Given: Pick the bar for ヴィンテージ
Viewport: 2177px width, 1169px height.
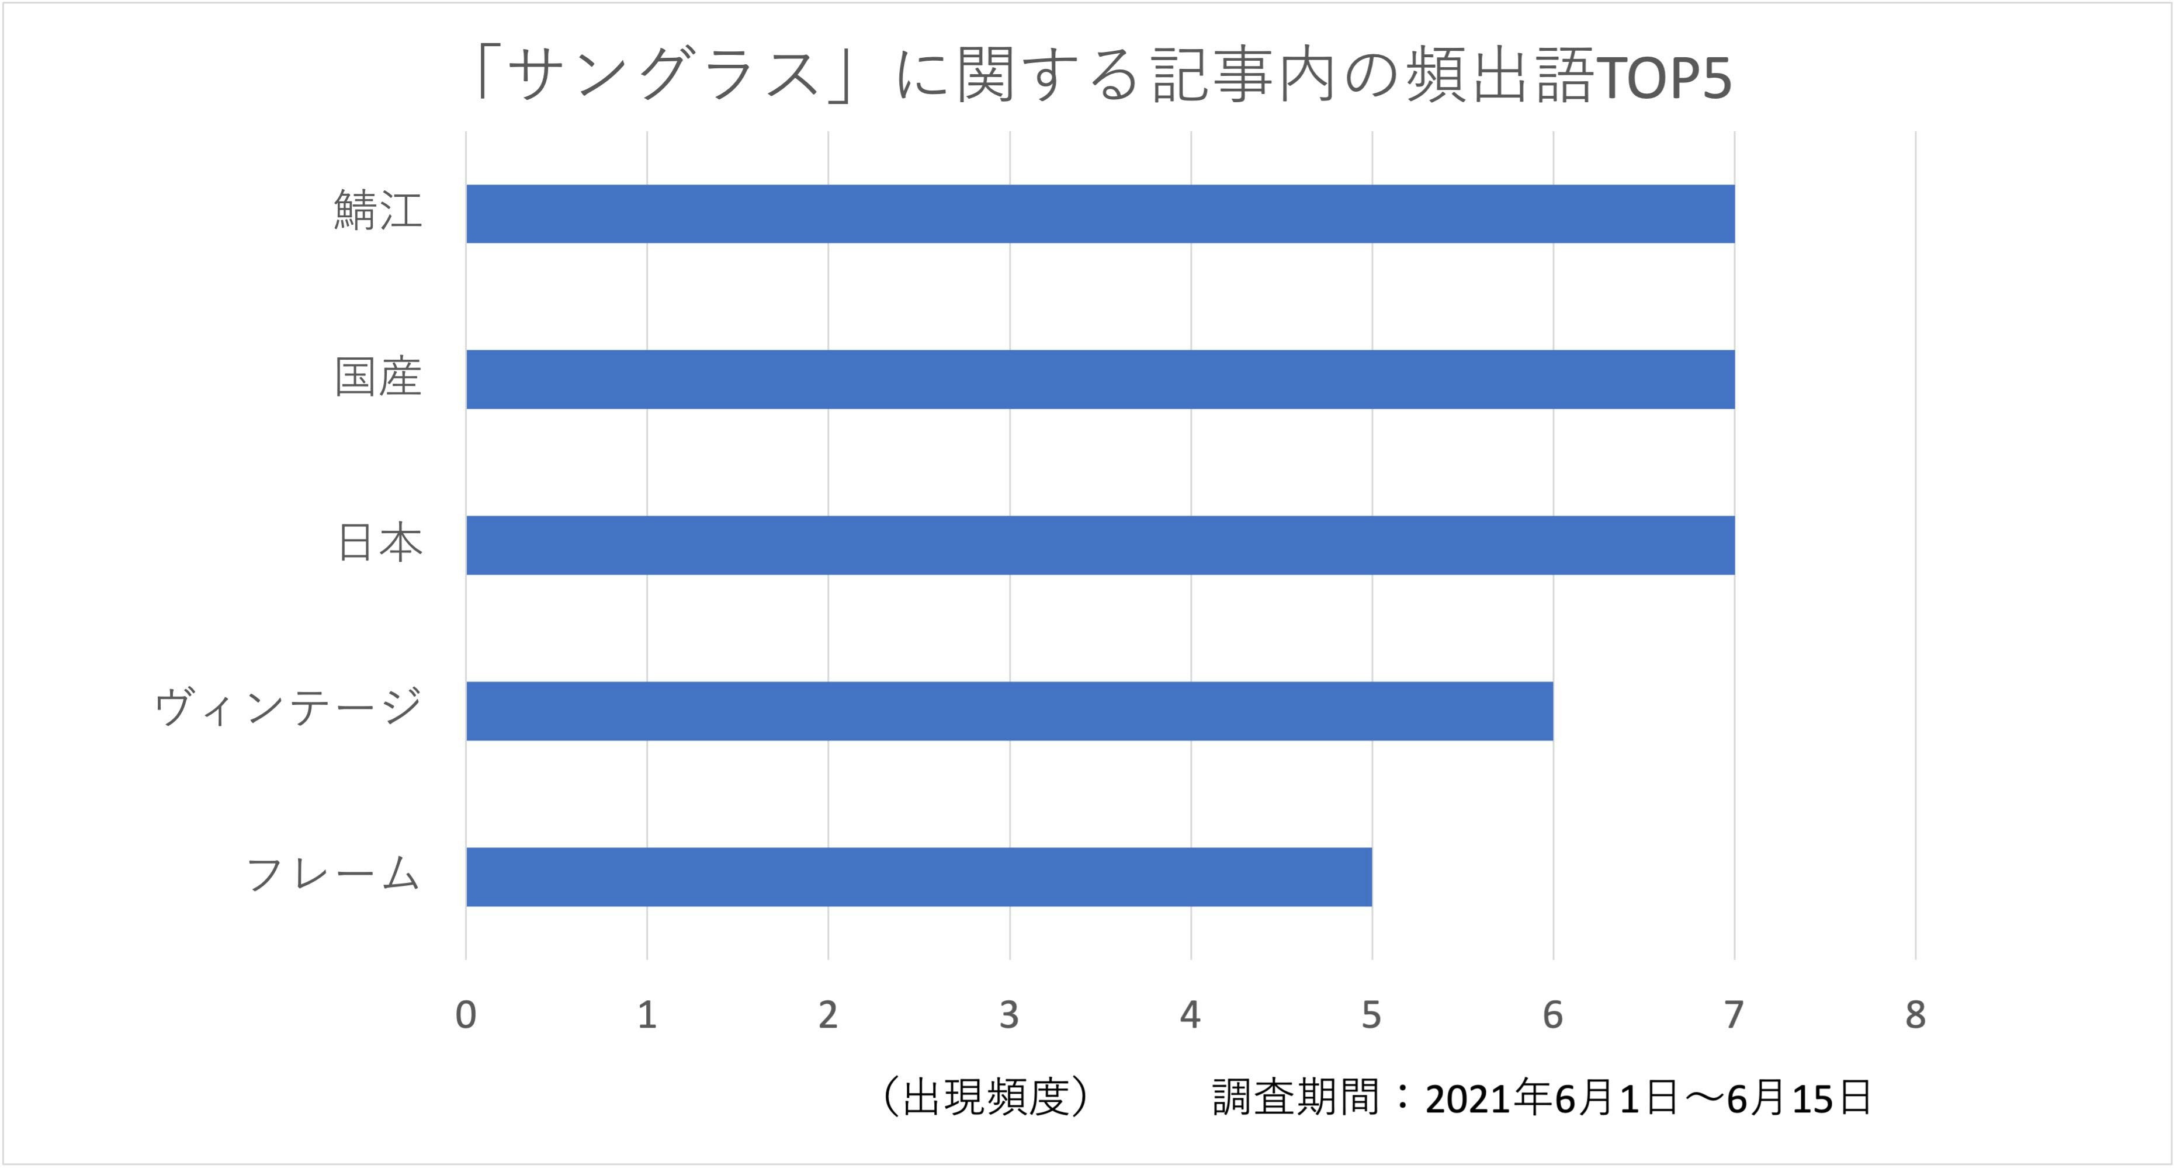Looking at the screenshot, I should (1009, 711).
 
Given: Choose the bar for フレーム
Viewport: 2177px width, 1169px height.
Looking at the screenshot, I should (918, 877).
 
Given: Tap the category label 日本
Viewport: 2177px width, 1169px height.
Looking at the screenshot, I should (379, 542).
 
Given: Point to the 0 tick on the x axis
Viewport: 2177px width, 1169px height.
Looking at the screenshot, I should (466, 1014).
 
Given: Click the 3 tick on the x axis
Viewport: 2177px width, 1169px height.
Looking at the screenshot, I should (1009, 1014).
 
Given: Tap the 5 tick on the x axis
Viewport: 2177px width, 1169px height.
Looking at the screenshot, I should (1371, 1014).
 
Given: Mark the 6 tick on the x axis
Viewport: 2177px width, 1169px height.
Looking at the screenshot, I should (1552, 1014).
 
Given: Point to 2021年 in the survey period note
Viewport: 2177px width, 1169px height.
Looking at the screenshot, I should (1488, 1098).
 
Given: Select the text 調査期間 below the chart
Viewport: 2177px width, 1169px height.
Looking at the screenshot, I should (1295, 1097).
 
